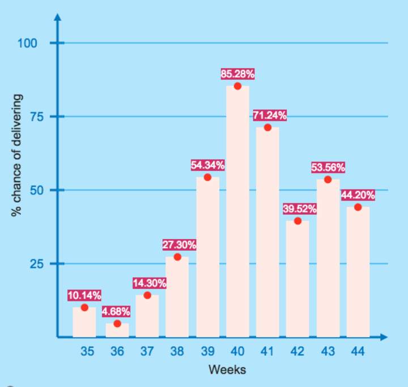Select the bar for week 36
pyautogui.click(x=117, y=330)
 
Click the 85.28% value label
pyautogui.click(x=237, y=74)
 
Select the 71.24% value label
pyautogui.click(x=270, y=116)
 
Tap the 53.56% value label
pyautogui.click(x=328, y=168)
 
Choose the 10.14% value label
pyautogui.click(x=84, y=295)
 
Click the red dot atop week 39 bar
pyautogui.click(x=207, y=177)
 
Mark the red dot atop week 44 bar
pyautogui.click(x=358, y=207)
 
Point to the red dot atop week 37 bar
pyautogui.click(x=147, y=295)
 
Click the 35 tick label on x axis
pyautogui.click(x=87, y=352)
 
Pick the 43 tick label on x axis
pyautogui.click(x=327, y=352)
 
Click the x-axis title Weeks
pyautogui.click(x=227, y=371)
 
